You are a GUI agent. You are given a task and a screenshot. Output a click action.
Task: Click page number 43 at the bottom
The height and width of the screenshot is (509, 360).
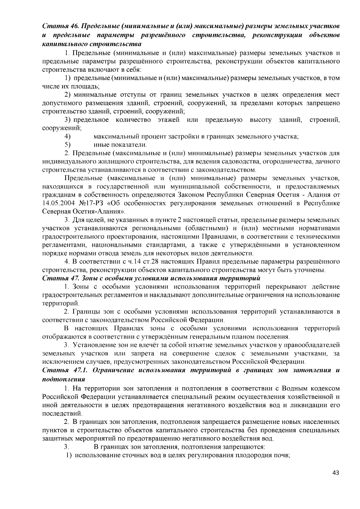[x=336, y=473]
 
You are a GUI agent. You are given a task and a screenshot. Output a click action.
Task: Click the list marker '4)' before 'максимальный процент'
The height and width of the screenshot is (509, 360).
[x=67, y=137]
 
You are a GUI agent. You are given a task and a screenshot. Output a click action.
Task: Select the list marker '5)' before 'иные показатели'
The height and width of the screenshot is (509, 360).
[x=67, y=145]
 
